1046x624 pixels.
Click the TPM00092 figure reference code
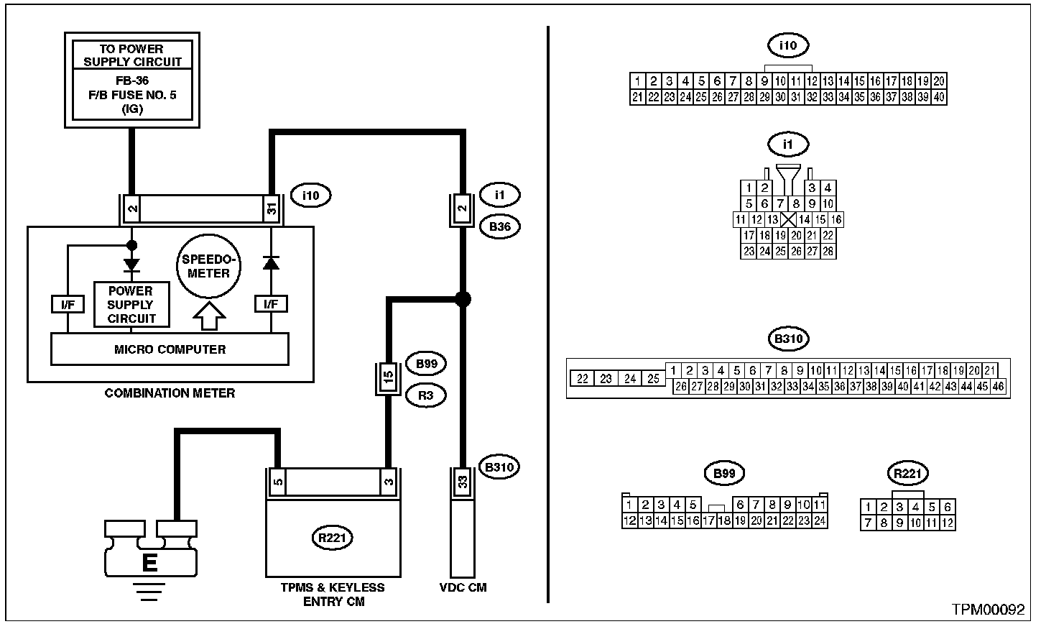click(988, 609)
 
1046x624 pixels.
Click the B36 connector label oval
click(500, 226)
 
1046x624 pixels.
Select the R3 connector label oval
click(425, 395)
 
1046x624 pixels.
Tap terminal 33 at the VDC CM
click(463, 482)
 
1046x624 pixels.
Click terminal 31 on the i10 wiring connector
click(272, 208)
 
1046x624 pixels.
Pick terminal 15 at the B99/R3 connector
click(388, 376)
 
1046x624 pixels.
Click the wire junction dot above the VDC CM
click(463, 299)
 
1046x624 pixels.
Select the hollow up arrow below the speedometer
click(209, 316)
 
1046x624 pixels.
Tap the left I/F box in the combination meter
click(68, 305)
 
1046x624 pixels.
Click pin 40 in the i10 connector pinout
click(939, 97)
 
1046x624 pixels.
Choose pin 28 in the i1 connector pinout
click(828, 251)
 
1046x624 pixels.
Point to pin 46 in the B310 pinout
click(998, 387)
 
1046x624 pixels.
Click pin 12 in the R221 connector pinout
click(947, 523)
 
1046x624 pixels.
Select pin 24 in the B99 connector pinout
click(820, 520)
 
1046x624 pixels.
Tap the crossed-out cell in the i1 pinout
click(788, 219)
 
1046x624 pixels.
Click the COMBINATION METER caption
click(170, 393)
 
